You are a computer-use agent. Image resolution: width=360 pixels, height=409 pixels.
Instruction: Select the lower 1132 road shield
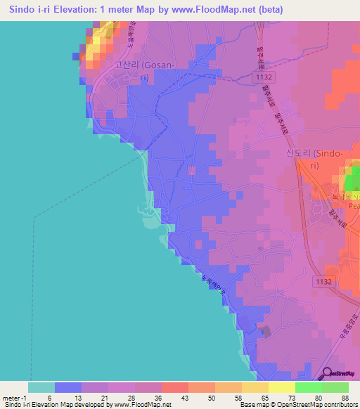pyautogui.click(x=324, y=282)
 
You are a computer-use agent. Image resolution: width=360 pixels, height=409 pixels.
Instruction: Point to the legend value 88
pyautogui.click(x=344, y=398)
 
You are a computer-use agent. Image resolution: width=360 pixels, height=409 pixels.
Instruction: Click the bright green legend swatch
pyautogui.click(x=308, y=387)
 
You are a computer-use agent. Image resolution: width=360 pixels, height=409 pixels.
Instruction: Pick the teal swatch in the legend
pyautogui.click(x=41, y=387)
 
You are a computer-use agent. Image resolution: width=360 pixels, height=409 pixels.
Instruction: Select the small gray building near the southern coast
pyautogui.click(x=265, y=331)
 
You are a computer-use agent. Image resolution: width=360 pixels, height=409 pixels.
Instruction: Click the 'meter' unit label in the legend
pyautogui.click(x=10, y=398)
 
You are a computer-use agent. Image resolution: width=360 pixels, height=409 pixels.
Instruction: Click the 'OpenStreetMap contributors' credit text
pyautogui.click(x=323, y=405)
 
